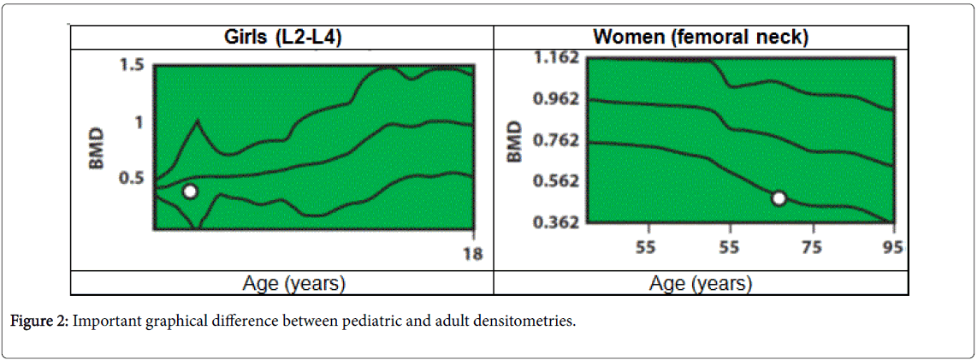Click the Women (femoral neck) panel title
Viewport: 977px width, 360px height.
click(701, 38)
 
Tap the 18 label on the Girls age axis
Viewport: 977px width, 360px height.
click(472, 253)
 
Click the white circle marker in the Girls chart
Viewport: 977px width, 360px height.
click(190, 192)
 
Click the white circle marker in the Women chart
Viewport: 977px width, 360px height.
click(779, 198)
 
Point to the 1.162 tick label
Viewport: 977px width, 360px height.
click(556, 58)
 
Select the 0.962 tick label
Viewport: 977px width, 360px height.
click(556, 98)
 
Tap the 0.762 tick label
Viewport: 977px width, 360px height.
click(556, 139)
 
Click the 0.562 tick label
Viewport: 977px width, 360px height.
click(556, 180)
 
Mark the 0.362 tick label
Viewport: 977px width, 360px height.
click(556, 221)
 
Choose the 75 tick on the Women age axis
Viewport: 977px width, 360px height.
click(812, 248)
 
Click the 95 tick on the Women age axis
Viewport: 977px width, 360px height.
click(892, 248)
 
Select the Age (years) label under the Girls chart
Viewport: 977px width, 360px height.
click(282, 283)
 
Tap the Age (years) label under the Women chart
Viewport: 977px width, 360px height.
click(701, 283)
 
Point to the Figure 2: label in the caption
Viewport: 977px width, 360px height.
click(39, 322)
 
